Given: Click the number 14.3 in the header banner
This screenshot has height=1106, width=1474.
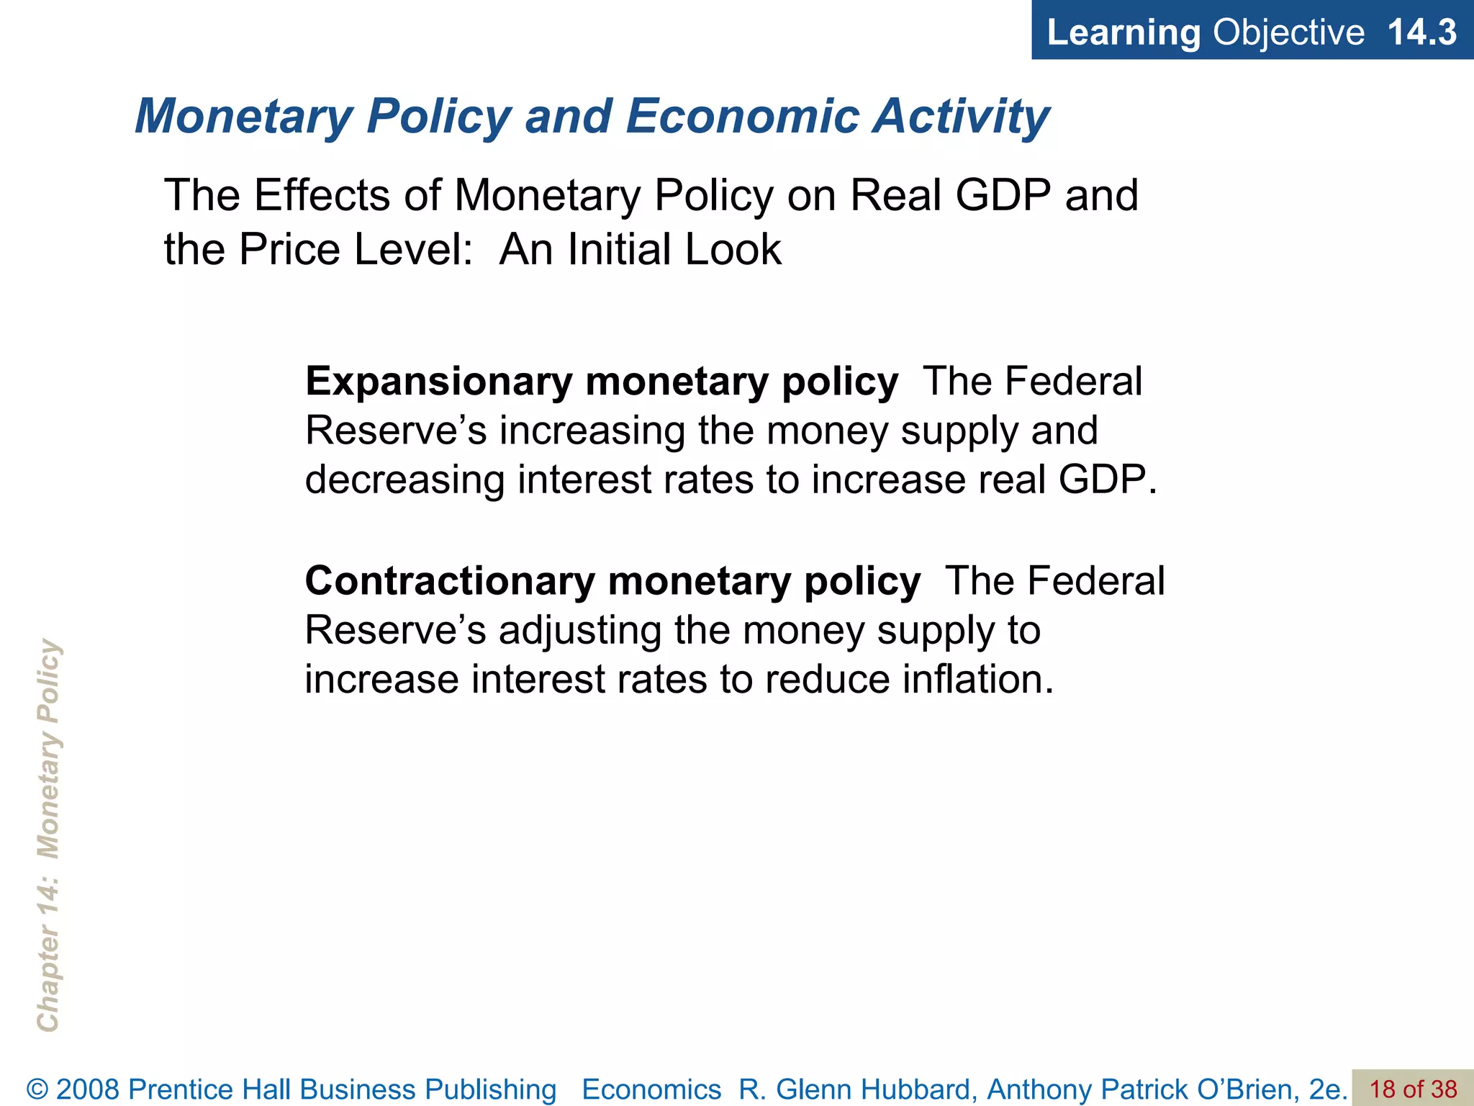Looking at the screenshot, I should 1421,32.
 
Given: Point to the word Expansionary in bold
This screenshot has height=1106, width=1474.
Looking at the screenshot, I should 438,382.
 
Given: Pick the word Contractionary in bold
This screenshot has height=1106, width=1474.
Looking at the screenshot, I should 450,582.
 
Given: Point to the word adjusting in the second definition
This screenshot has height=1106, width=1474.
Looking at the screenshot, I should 580,631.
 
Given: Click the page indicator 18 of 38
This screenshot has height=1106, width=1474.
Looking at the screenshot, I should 1413,1089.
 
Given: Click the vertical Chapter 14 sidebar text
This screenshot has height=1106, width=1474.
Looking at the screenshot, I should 48,835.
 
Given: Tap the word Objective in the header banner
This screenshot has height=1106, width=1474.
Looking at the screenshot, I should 1288,32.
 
